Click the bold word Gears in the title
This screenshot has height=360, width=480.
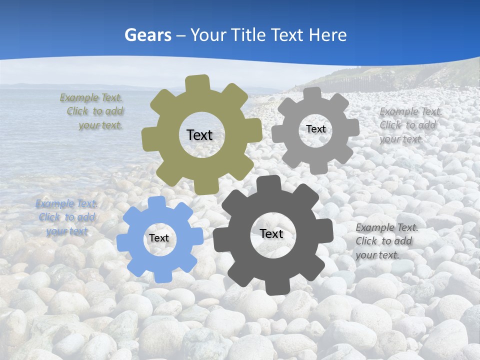click(x=148, y=35)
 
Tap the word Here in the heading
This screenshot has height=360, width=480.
click(x=327, y=35)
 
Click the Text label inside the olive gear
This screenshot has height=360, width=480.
click(x=199, y=135)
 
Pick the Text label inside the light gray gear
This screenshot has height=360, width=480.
click(x=315, y=129)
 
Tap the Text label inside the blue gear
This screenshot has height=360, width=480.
click(x=159, y=238)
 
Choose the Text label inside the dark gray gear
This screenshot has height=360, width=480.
click(x=271, y=233)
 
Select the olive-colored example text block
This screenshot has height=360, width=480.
click(x=93, y=111)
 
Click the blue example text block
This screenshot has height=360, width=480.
click(x=66, y=217)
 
